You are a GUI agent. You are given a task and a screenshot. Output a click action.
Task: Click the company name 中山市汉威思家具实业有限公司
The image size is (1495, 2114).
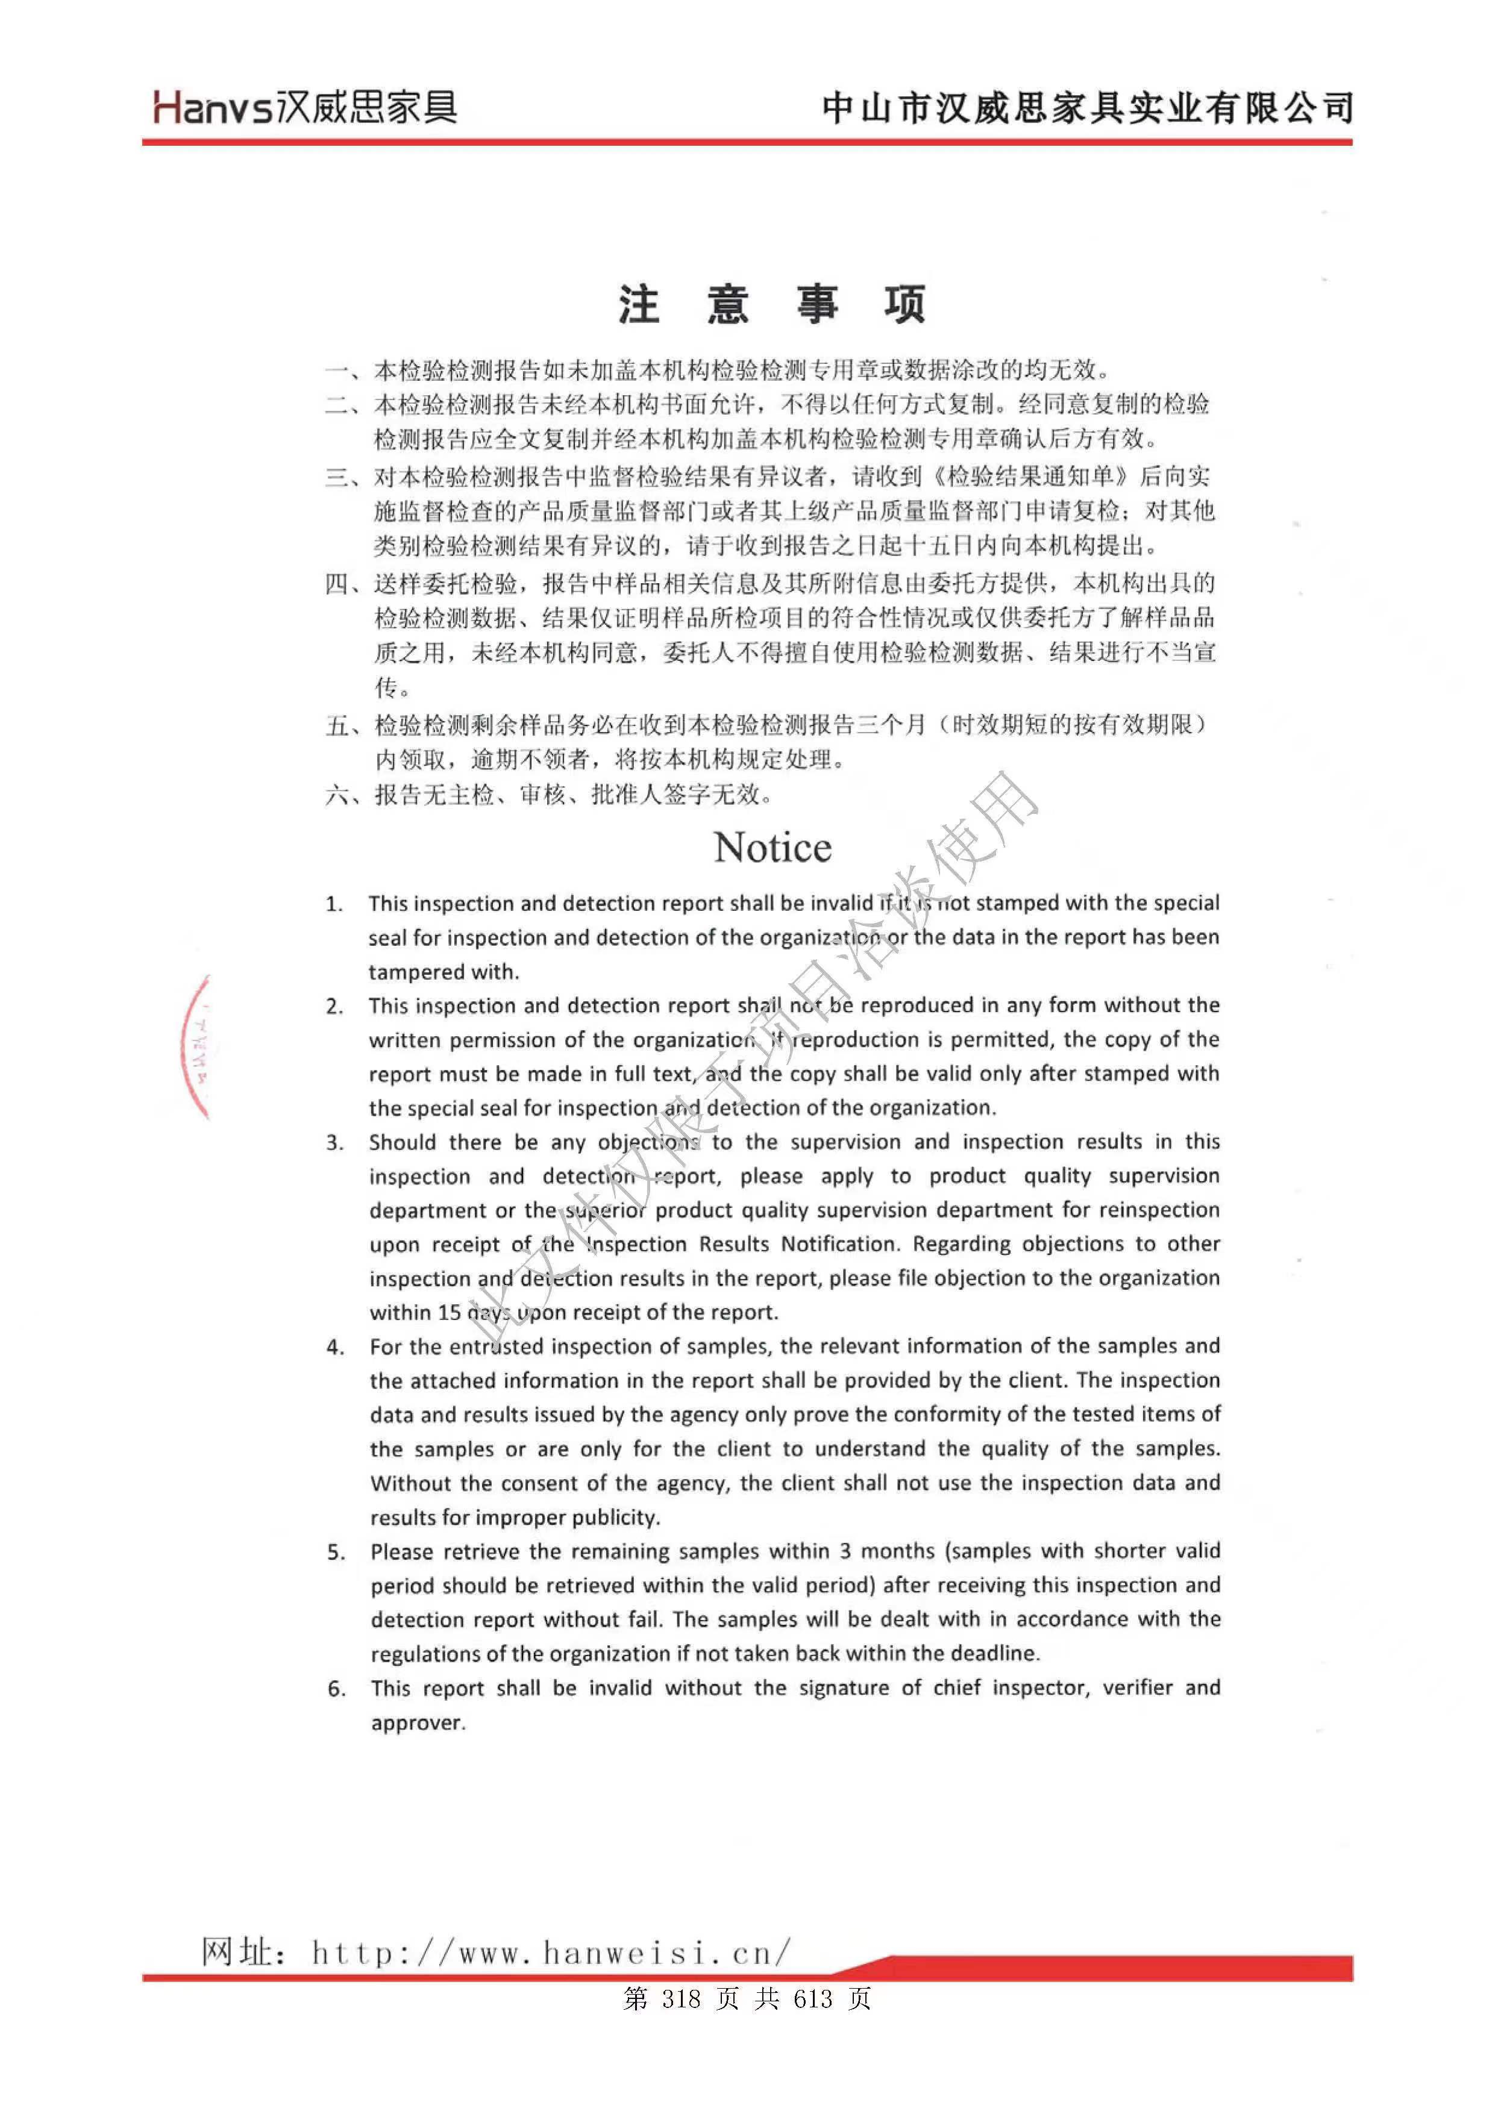point(1087,108)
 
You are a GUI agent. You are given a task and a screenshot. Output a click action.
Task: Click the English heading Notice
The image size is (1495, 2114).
point(772,847)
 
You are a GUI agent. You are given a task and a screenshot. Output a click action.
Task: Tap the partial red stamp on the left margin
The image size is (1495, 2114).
point(197,1048)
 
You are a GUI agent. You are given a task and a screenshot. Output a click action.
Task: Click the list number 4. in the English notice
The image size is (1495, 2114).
point(335,1348)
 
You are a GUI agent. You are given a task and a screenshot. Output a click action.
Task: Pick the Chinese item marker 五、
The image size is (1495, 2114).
point(346,725)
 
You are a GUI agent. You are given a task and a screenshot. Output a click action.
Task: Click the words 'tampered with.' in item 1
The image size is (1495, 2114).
point(444,971)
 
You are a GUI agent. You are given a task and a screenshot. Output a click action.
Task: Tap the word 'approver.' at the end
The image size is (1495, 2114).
point(418,1722)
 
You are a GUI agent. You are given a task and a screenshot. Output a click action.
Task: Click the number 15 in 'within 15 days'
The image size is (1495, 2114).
point(448,1312)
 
